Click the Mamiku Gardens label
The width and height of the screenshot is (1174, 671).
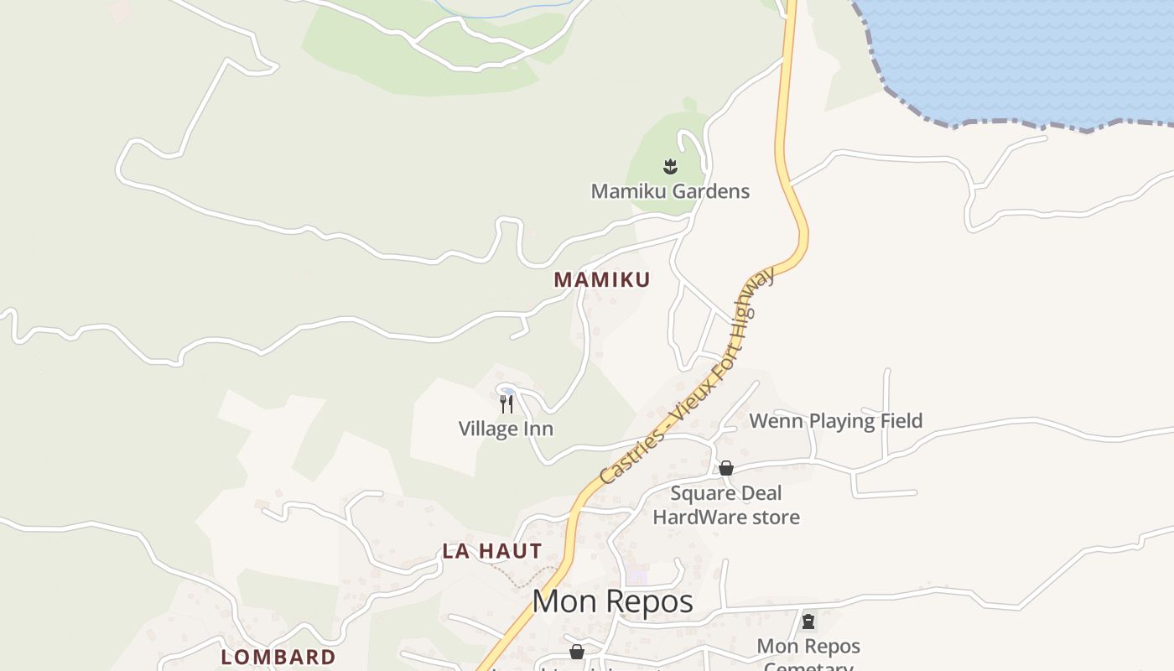point(670,191)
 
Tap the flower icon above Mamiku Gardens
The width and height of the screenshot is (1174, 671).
point(670,166)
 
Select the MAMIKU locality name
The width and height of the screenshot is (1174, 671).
point(601,280)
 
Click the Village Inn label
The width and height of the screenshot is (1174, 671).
point(506,429)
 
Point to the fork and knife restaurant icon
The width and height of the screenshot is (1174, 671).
point(506,404)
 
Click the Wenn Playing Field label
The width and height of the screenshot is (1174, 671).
point(835,421)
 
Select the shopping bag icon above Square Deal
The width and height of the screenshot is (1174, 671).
point(726,468)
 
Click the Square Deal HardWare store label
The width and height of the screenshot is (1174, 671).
point(726,505)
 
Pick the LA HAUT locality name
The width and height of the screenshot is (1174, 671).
point(492,551)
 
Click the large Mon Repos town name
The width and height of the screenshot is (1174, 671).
point(612,601)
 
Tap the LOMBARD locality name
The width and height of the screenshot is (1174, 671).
point(278,657)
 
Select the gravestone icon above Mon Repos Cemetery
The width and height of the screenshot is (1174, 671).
point(808,622)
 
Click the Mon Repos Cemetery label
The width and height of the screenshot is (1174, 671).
point(808,655)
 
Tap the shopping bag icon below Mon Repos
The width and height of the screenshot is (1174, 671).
point(577,652)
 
